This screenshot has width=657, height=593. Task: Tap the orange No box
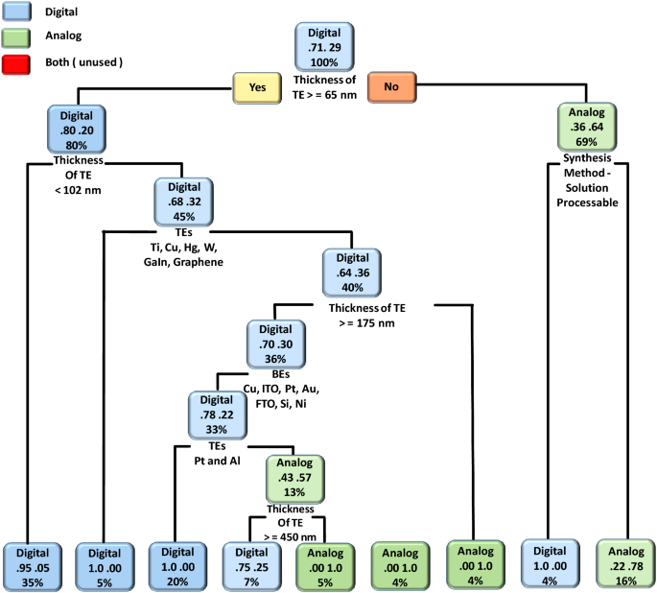pos(390,87)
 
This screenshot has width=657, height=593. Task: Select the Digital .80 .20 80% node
pos(75,128)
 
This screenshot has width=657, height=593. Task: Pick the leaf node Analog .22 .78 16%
pos(623,563)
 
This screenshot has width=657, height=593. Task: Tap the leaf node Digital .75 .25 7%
pos(251,563)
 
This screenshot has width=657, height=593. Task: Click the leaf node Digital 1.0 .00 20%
pos(177,563)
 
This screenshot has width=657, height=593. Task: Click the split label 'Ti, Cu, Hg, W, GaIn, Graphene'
pos(184,253)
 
